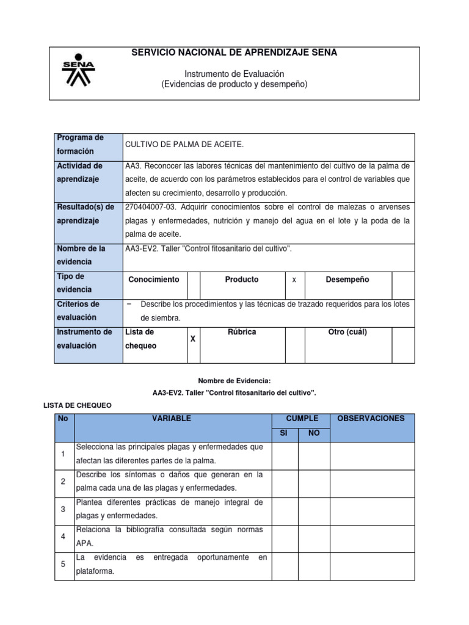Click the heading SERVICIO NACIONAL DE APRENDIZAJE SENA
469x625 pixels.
point(234,53)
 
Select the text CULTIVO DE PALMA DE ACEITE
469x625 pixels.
point(184,144)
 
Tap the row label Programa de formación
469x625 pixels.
point(80,144)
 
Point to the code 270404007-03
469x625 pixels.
point(150,207)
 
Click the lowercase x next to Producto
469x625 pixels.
point(294,280)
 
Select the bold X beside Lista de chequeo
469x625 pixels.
point(193,338)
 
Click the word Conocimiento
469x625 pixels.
point(154,280)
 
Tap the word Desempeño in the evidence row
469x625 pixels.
point(347,280)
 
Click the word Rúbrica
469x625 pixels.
point(241,333)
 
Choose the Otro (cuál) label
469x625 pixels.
point(347,333)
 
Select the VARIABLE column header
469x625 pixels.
point(172,419)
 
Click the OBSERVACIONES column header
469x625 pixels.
point(371,419)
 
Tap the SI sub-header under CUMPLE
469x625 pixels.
point(285,433)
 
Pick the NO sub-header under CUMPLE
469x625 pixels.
point(314,433)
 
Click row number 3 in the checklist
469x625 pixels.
point(64,508)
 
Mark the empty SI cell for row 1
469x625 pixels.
point(285,454)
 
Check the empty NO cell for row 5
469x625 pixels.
point(314,565)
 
